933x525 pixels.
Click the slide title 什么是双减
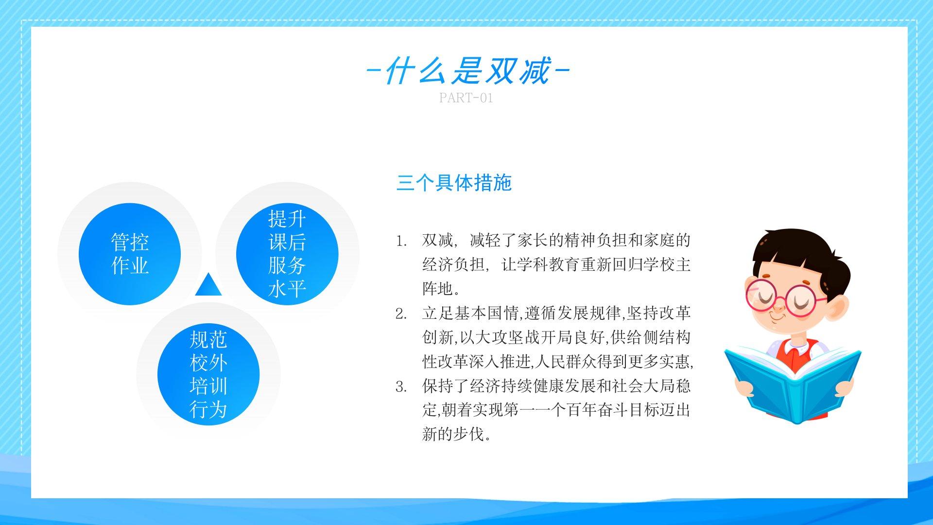click(x=467, y=71)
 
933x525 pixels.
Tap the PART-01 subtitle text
click(x=466, y=98)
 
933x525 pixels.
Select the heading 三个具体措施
click(x=454, y=183)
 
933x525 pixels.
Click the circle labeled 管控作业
click(x=130, y=254)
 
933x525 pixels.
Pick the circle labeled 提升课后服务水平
click(x=287, y=254)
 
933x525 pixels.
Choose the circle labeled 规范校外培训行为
click(x=208, y=374)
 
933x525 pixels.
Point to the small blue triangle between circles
click(x=208, y=285)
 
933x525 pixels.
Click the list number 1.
click(x=401, y=241)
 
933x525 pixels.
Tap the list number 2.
click(x=401, y=314)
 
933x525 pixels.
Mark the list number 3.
click(x=401, y=387)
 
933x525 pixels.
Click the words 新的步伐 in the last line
click(x=457, y=434)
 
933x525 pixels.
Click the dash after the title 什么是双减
click(x=562, y=71)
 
